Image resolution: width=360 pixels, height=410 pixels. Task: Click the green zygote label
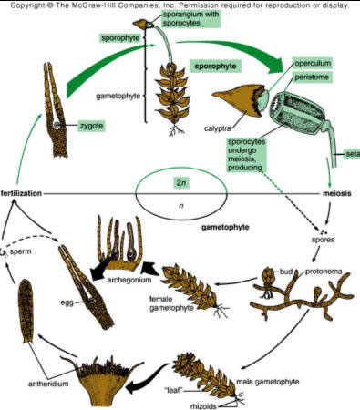tap(92, 126)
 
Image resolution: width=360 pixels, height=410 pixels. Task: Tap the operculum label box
tap(313, 64)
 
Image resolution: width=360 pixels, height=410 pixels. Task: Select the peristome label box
tap(312, 77)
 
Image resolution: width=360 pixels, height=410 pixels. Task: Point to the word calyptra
tap(218, 128)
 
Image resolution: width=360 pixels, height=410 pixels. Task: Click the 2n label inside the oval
tap(181, 183)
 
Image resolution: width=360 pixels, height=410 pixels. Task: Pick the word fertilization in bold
tap(21, 193)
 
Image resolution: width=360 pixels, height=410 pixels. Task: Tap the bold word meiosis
tap(337, 193)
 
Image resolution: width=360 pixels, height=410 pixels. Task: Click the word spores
tap(323, 240)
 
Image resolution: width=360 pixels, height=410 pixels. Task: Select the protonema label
tap(324, 272)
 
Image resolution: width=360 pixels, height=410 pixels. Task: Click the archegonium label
tap(129, 280)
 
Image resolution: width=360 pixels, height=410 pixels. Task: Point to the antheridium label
tap(48, 384)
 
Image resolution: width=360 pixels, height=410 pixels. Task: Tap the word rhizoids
tap(203, 406)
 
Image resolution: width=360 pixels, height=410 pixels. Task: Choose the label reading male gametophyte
tap(268, 382)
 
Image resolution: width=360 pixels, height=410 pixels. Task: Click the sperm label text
tap(20, 251)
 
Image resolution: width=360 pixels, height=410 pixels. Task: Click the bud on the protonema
tap(268, 275)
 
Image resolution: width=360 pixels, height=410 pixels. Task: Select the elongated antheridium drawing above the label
tap(26, 311)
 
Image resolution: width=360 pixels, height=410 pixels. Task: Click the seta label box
tap(353, 154)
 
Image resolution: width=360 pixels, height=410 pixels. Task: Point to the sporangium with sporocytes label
tap(190, 18)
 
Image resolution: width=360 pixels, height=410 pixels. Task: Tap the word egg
tap(67, 302)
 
